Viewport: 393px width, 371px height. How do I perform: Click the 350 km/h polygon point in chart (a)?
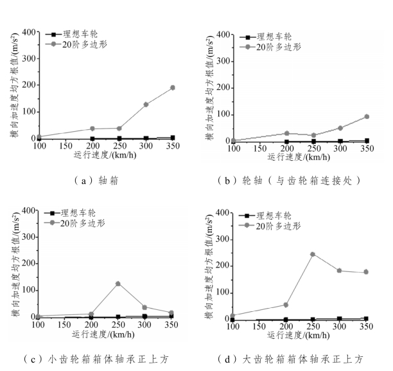point(172,87)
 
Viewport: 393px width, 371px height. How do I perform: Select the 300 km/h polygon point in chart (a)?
point(146,104)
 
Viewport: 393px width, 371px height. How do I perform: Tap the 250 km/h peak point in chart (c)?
point(118,284)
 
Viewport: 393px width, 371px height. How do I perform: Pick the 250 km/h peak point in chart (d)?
point(312,254)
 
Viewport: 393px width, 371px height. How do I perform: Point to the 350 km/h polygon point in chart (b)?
point(367,116)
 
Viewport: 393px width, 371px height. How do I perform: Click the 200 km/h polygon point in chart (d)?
point(285,305)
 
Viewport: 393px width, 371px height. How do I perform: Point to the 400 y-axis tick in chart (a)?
point(28,32)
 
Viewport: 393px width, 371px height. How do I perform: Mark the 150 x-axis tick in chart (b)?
point(258,149)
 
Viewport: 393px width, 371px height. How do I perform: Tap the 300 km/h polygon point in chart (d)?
point(340,271)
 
